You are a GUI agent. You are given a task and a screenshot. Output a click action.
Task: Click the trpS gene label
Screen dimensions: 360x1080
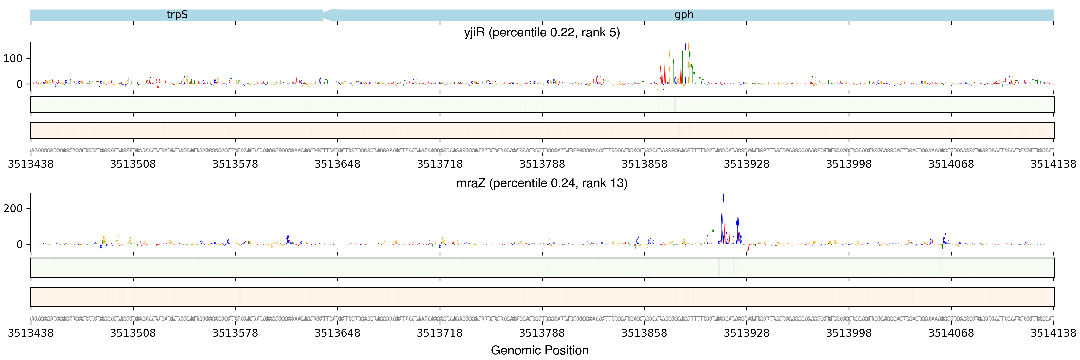tap(177, 15)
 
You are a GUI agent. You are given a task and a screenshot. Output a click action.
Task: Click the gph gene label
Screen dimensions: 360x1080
tap(684, 15)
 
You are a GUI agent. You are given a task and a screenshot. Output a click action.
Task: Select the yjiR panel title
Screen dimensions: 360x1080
tap(542, 33)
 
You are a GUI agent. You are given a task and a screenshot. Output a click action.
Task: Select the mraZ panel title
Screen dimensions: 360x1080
tap(542, 183)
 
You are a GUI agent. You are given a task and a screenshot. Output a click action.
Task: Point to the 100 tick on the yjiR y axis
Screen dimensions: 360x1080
tap(13, 59)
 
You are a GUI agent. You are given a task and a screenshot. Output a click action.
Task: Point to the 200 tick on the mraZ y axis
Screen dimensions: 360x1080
tap(13, 209)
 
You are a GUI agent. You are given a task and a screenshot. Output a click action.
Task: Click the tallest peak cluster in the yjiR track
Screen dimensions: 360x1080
tap(686, 63)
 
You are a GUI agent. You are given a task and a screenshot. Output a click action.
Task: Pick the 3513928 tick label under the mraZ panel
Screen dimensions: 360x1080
tap(747, 333)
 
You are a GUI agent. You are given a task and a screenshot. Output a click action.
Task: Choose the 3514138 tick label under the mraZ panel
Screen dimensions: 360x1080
tap(1053, 333)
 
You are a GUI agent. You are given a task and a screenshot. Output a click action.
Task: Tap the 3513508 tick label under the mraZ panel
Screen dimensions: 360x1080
tap(133, 333)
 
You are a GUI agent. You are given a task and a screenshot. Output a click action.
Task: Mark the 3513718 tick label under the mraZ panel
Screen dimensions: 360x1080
tap(440, 333)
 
